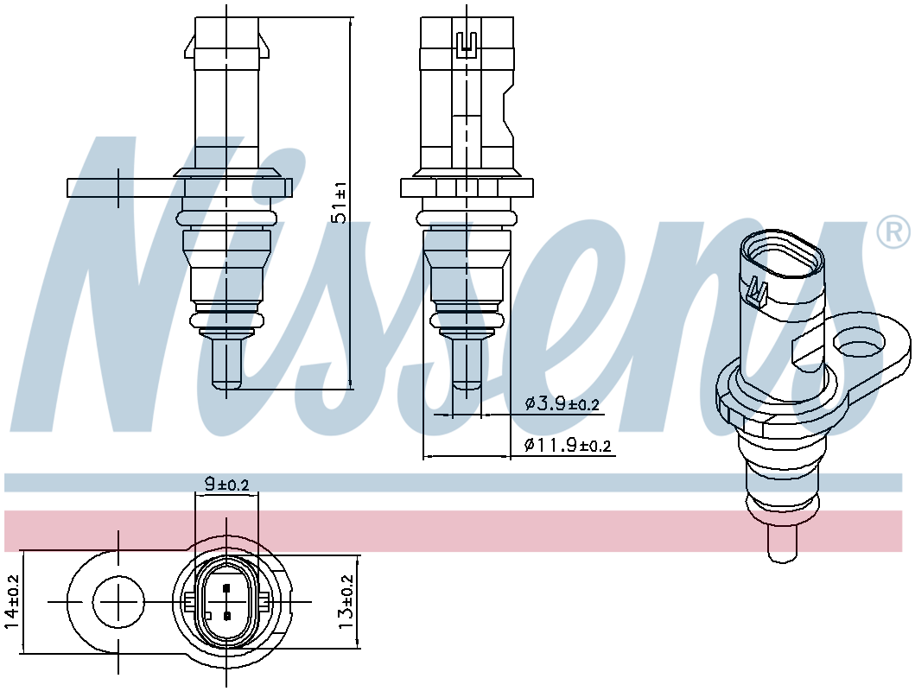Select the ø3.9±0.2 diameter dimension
562,403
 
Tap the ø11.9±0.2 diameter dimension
567,446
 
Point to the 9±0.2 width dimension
226,485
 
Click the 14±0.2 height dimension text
11,601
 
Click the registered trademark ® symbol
893,231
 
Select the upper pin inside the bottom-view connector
226,589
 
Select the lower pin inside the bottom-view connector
226,615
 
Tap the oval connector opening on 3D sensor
780,256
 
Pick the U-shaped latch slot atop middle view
467,40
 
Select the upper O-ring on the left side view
226,216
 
